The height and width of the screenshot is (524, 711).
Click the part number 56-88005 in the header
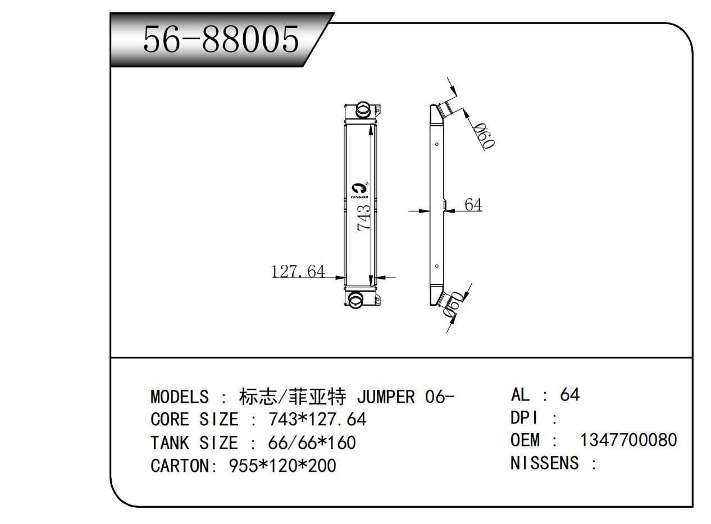coord(221,39)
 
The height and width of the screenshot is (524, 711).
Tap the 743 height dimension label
coord(364,217)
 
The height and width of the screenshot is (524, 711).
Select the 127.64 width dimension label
coord(298,272)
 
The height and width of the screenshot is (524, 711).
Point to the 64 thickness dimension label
coord(473,205)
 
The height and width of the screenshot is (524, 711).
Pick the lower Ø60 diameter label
coord(453,305)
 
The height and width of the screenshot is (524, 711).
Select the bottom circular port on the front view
coord(356,300)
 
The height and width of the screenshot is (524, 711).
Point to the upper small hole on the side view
coord(437,144)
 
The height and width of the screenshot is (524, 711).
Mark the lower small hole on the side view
coord(437,266)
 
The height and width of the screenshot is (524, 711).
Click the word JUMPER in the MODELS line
coord(385,397)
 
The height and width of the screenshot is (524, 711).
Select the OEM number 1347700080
coord(628,440)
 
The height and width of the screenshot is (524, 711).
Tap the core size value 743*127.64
coord(317,420)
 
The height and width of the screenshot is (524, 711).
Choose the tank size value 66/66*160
coord(312,443)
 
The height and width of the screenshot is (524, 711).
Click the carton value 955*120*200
coord(282,466)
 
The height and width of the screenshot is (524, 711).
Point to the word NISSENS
coord(544,463)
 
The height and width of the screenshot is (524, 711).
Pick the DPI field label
coord(525,417)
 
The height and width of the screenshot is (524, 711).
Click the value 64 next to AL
coord(569,394)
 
